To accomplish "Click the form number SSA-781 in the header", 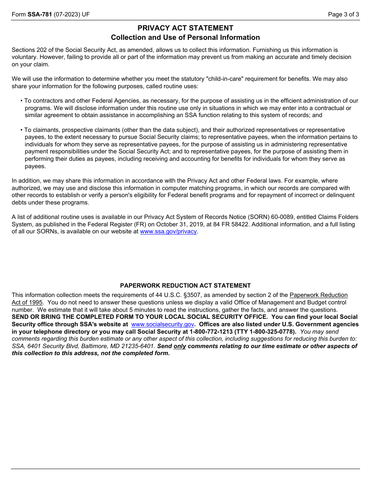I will point(39,14).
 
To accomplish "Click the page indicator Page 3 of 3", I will point(343,14).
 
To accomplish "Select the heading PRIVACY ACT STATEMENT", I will point(185,28).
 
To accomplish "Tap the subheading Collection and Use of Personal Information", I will point(185,37).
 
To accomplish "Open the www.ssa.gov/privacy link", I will point(168,231).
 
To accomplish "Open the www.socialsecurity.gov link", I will point(162,324).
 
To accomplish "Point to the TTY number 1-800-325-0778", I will point(274,332).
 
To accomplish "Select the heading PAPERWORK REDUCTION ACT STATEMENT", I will point(185,286).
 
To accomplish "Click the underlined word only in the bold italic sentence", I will point(180,346).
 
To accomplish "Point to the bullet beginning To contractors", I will point(22,101).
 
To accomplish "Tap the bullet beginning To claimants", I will point(22,130).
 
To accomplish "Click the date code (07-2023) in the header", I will point(67,14).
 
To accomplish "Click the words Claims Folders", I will point(336,217).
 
